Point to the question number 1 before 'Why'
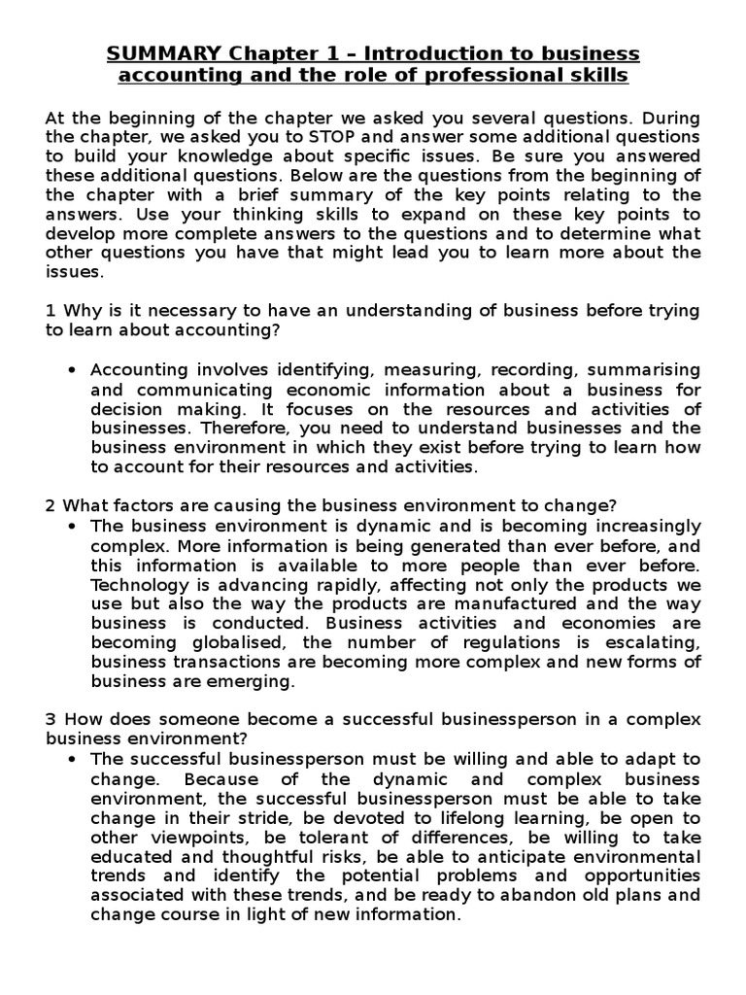click(x=50, y=310)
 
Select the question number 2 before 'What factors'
click(x=50, y=505)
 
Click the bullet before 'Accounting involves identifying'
click(x=74, y=369)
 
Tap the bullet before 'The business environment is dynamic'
click(x=74, y=526)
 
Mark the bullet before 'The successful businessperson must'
click(x=74, y=759)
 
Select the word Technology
click(x=136, y=584)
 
